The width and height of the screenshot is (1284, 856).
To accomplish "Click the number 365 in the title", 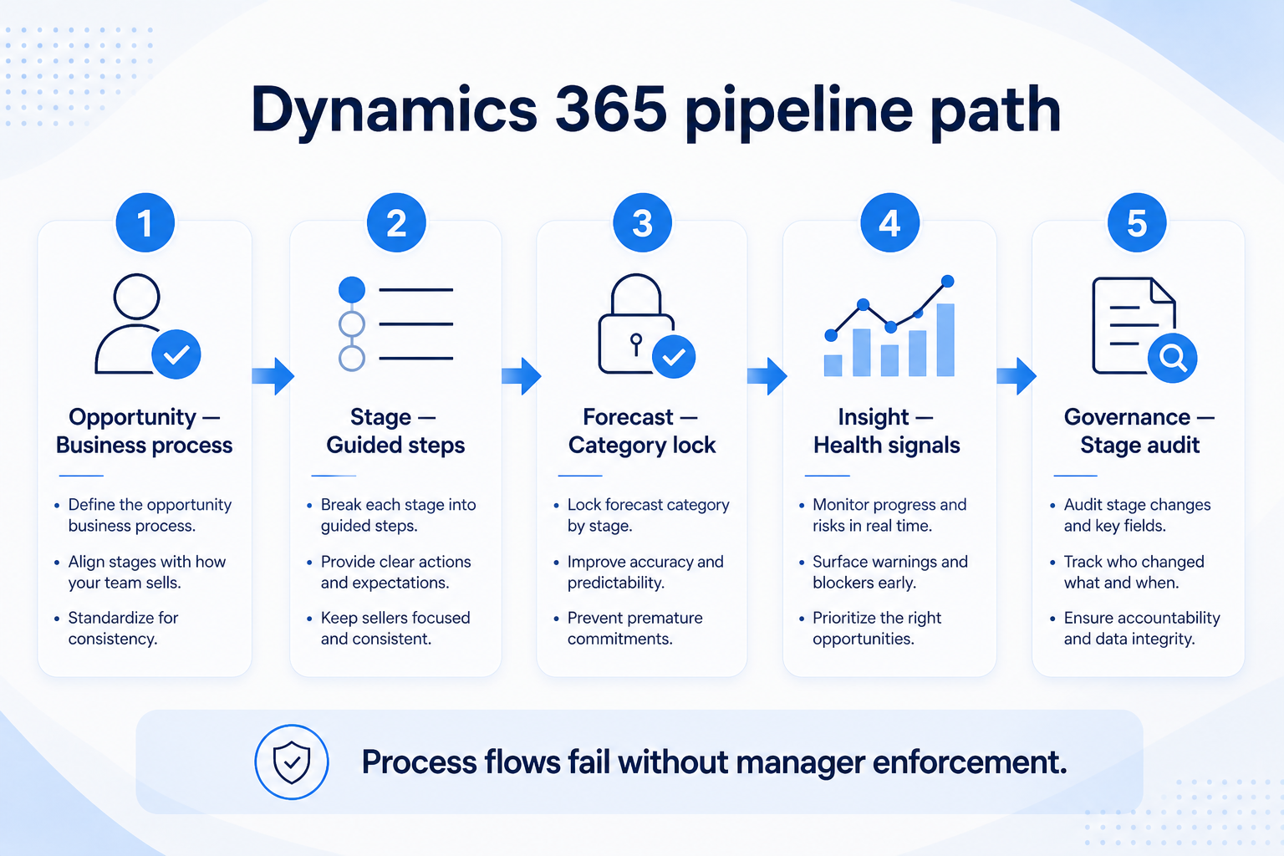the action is tap(611, 109).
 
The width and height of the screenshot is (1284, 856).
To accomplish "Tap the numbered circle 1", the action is tap(145, 222).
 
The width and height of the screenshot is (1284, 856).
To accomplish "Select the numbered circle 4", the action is tap(889, 222).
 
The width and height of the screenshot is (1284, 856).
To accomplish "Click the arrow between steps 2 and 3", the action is tap(521, 376).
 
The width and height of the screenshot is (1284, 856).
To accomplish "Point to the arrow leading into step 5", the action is tap(1016, 376).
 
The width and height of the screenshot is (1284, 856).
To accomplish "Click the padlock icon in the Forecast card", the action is tap(636, 324).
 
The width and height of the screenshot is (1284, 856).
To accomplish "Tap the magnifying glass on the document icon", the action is tap(1172, 358).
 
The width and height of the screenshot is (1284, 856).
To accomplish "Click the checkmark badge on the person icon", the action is tap(176, 354).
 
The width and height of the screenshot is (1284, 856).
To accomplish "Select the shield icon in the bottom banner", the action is tap(292, 762).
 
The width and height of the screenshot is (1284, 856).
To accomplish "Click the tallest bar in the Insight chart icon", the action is tap(945, 340).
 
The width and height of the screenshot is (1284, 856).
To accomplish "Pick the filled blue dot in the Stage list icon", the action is tap(352, 289).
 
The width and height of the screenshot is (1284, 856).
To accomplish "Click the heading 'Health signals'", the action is tap(887, 445).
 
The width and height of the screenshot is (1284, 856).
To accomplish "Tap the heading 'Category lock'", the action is tap(642, 445).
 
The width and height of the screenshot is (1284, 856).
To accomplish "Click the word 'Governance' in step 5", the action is tap(1127, 417).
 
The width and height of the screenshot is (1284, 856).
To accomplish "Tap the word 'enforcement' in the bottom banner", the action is tap(970, 762).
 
